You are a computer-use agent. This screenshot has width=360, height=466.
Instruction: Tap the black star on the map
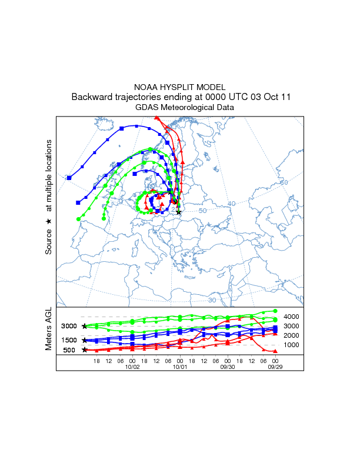pyautogui.click(x=179, y=212)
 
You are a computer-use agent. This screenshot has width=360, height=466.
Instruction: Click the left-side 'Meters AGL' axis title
pyautogui.click(x=49, y=329)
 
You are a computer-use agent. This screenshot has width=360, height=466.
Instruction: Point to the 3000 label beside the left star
pyautogui.click(x=69, y=326)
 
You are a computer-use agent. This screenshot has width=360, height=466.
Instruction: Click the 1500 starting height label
pyautogui.click(x=69, y=340)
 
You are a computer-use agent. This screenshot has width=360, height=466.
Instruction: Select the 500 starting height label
pyautogui.click(x=69, y=350)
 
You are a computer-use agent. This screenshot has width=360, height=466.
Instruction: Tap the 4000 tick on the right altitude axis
pyautogui.click(x=292, y=317)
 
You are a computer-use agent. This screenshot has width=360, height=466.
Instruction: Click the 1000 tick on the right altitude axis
pyautogui.click(x=292, y=345)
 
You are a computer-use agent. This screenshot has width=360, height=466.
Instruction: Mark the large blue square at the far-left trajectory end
pyautogui.click(x=69, y=177)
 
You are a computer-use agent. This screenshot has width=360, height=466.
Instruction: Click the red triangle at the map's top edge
pyautogui.click(x=156, y=118)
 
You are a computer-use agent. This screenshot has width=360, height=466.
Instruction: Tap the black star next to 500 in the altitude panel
pyautogui.click(x=85, y=350)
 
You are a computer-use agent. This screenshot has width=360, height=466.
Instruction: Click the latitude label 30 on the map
pyautogui.click(x=212, y=300)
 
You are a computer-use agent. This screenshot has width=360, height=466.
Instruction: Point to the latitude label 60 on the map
pyautogui.click(x=284, y=182)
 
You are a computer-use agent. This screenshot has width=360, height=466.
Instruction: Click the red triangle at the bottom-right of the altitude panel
pyautogui.click(x=275, y=351)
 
